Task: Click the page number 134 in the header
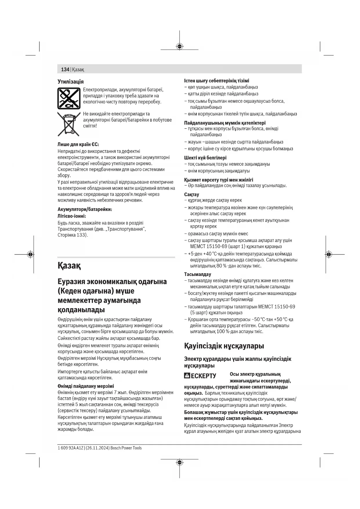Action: click(65, 70)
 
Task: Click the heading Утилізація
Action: click(70, 82)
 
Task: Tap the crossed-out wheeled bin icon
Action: click(68, 124)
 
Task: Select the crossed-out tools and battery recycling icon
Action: click(69, 98)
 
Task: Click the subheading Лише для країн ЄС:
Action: click(78, 144)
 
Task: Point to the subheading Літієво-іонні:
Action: click(72, 216)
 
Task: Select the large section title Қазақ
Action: click(69, 266)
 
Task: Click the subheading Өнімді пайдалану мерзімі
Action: click(86, 386)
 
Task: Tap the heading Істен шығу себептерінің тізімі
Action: click(217, 81)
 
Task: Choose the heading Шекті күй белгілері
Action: click(205, 158)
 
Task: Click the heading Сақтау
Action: click(191, 194)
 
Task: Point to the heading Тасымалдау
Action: click(198, 274)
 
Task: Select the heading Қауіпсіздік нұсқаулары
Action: click(224, 346)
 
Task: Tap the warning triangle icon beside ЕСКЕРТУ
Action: click(187, 376)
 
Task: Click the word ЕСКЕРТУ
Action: click(203, 376)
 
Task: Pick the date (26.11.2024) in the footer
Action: click(97, 448)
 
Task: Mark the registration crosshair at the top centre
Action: click(180, 46)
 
